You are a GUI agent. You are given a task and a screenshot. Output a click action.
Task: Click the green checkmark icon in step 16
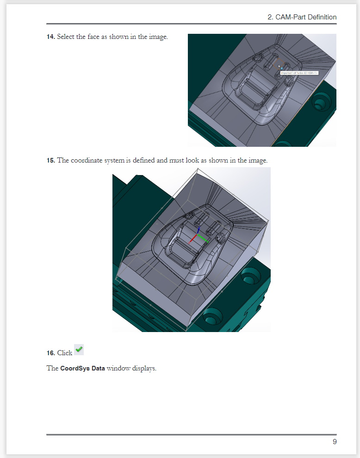coord(79,350)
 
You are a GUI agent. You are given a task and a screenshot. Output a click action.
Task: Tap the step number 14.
coord(50,37)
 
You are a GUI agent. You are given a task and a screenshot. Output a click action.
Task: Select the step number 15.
coord(50,161)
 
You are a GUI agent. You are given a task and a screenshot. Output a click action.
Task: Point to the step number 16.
coord(50,353)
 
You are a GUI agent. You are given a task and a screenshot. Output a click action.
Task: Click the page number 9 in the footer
coord(334,441)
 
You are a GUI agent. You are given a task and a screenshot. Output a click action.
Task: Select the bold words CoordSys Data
coord(82,369)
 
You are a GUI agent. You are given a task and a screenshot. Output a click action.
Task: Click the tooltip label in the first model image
coord(299,73)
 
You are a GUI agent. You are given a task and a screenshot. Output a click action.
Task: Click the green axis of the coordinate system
coord(204,238)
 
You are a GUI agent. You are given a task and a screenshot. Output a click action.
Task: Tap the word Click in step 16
coord(65,353)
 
